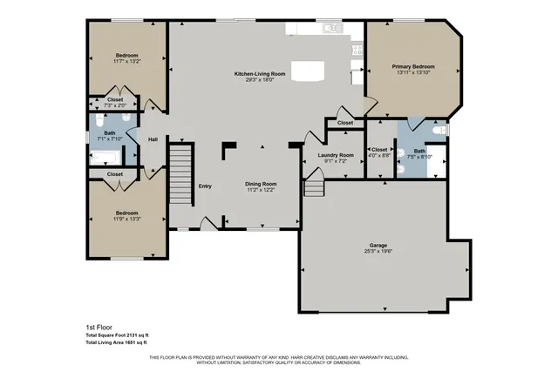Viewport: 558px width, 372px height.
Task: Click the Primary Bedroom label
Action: (413, 66)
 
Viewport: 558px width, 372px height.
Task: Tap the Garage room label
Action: (377, 246)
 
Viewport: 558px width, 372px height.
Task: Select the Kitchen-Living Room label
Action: (260, 74)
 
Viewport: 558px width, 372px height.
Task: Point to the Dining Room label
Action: (261, 184)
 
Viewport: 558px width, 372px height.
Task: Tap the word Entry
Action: (205, 186)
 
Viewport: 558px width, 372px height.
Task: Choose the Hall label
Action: (153, 139)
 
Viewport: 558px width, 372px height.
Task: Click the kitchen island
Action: (306, 71)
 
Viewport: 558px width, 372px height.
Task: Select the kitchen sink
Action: (330, 29)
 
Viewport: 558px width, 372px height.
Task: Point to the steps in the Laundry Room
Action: (313, 186)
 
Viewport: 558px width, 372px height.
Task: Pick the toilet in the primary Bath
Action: (439, 131)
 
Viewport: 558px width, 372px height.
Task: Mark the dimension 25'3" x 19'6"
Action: (377, 252)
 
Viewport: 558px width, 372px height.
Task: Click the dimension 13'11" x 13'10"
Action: (413, 72)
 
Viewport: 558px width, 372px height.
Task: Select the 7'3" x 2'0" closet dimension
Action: (116, 105)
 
